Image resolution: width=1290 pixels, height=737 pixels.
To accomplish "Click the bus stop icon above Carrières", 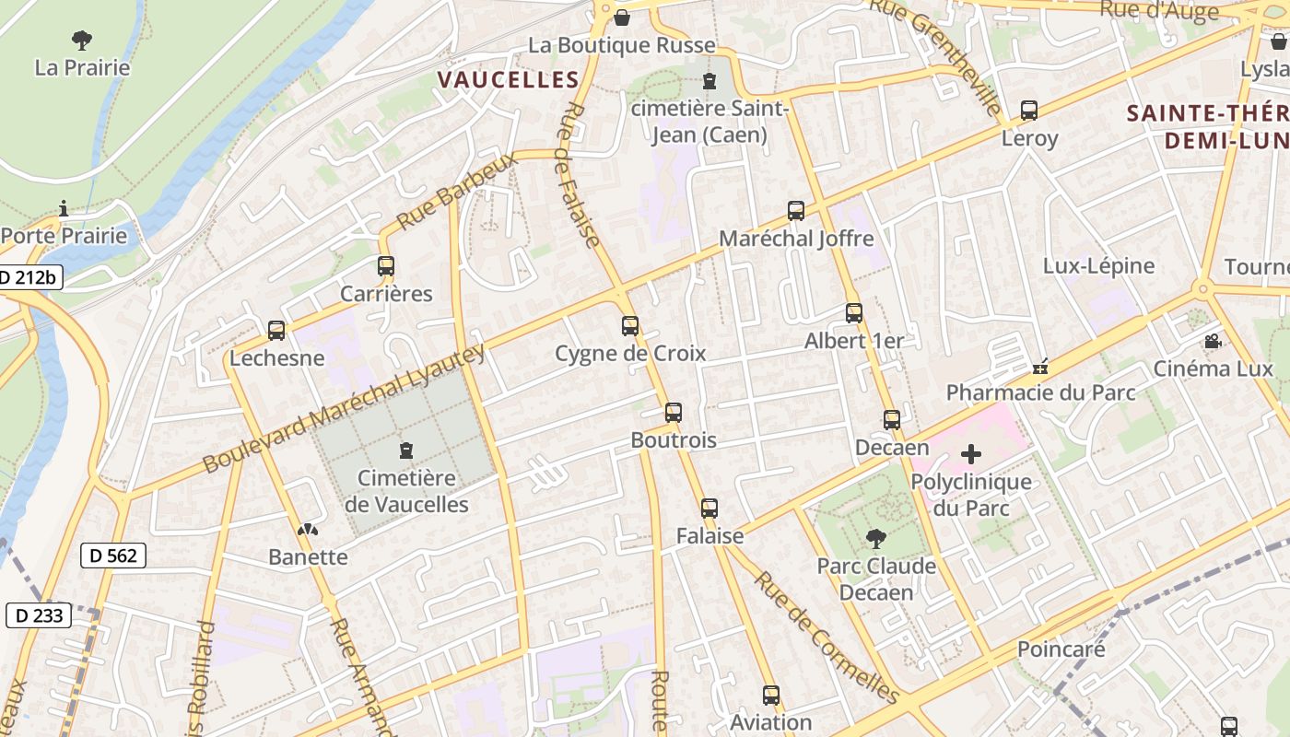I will coord(386,266).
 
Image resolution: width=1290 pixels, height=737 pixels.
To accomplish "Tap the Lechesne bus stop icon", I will coord(276,330).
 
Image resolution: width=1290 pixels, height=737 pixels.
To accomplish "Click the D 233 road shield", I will coord(39,614).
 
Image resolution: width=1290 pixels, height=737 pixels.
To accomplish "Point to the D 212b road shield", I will coord(29,276).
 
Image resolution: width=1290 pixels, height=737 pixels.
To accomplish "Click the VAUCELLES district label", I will coord(508,79).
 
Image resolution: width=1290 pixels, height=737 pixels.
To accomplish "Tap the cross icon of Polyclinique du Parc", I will coord(971,454).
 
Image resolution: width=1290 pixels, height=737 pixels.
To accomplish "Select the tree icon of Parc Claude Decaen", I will coord(875,538).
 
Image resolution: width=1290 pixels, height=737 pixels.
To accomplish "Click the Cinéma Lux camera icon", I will coord(1213,342).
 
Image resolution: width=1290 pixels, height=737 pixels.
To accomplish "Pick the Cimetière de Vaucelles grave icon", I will coord(405,450).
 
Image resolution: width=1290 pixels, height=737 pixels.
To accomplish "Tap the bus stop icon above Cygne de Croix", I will coord(630,325).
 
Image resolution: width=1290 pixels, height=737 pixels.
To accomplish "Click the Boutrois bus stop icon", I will coord(674,413).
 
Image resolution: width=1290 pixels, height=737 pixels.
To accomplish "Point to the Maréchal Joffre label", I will coord(796,239).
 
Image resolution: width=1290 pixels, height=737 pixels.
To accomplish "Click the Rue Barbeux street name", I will coord(458,191).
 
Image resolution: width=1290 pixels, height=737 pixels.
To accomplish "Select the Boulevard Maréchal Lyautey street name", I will coord(344,409).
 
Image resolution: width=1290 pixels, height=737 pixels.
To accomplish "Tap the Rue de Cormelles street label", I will coord(826,636).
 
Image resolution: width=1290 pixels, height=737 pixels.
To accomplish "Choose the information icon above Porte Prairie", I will coord(64,208).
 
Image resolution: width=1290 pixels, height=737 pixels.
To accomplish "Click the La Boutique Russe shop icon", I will coord(622,18).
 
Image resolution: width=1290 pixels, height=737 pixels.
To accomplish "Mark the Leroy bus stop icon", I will coord(1029,111).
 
